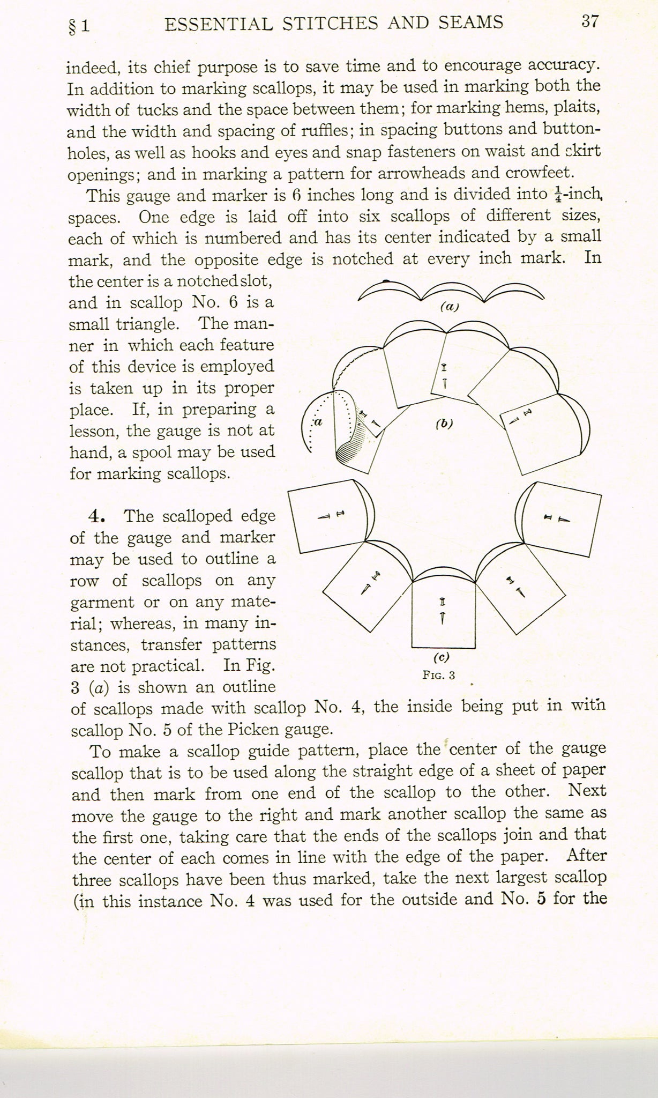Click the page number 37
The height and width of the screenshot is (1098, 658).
pos(589,22)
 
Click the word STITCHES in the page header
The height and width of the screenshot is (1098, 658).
pos(327,23)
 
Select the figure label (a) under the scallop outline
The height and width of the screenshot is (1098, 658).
pos(450,307)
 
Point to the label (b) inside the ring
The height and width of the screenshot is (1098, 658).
pos(444,423)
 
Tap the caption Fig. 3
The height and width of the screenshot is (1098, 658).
pos(438,675)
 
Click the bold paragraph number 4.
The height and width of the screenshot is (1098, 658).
pos(96,516)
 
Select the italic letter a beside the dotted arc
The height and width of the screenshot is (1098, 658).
pos(318,422)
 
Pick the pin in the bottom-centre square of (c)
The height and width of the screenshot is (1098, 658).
pos(442,611)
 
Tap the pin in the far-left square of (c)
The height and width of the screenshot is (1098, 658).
pos(332,515)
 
